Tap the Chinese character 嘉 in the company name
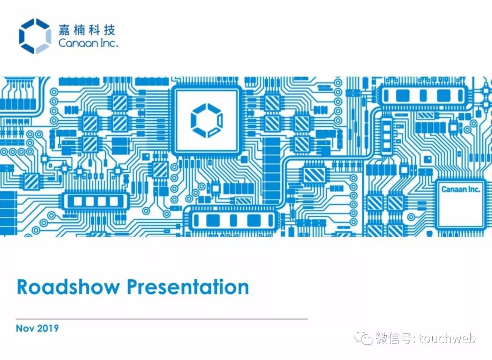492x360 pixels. click(x=65, y=30)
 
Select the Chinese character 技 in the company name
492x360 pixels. click(x=109, y=30)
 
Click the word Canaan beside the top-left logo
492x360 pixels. click(x=78, y=43)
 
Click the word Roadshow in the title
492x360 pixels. click(x=68, y=287)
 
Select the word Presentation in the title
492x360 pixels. click(x=188, y=287)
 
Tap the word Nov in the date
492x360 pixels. click(x=25, y=328)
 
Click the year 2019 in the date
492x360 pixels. click(x=48, y=328)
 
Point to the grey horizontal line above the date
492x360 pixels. click(x=162, y=319)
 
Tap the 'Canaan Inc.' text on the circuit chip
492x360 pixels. click(x=461, y=189)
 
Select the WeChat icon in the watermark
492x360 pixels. click(x=364, y=338)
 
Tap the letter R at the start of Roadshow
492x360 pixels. click(x=22, y=287)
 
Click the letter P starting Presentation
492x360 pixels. click(x=133, y=287)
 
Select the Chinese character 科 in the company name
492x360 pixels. click(x=94, y=30)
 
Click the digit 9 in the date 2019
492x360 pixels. click(x=56, y=328)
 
